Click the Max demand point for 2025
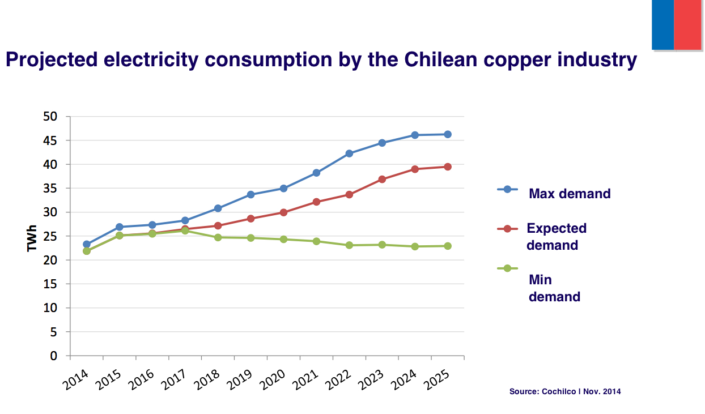(x=447, y=134)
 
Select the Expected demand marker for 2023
(x=382, y=179)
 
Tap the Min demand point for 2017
(x=185, y=231)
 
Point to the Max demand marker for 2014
(x=87, y=244)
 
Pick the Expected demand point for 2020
(x=283, y=212)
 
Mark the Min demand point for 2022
(x=349, y=245)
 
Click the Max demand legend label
(x=570, y=194)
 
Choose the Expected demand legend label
(x=556, y=237)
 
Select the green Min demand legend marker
(x=507, y=268)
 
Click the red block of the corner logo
(x=689, y=24)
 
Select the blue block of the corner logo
(x=662, y=24)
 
